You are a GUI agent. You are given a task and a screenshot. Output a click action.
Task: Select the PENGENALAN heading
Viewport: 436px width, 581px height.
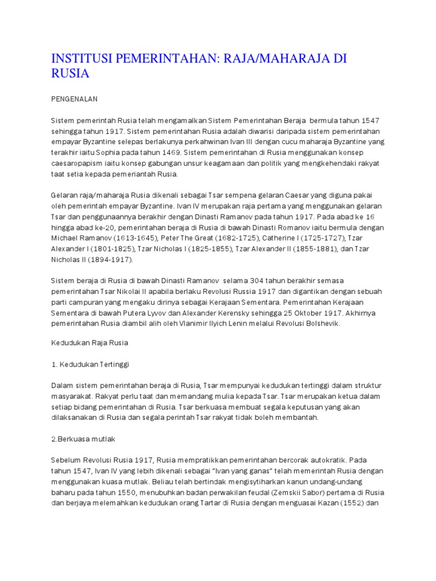click(x=74, y=99)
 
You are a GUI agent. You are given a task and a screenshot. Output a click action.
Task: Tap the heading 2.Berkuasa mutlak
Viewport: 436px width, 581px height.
click(x=83, y=439)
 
